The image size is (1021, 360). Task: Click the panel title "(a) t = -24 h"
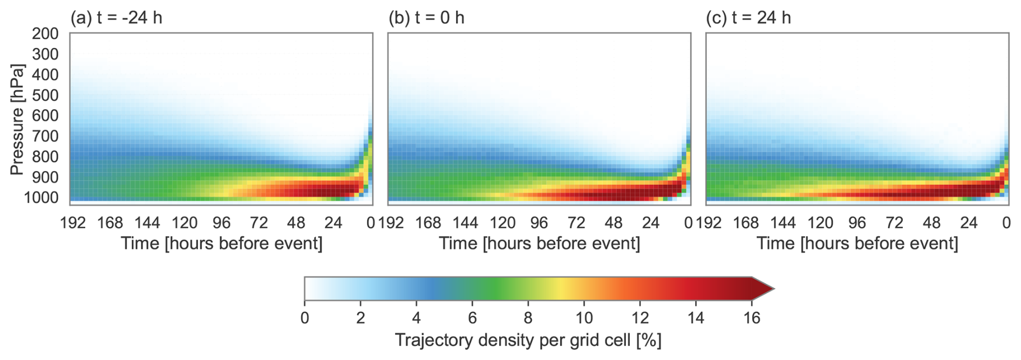(116, 18)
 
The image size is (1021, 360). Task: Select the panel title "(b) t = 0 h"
(426, 18)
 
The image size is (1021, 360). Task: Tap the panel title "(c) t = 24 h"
(748, 18)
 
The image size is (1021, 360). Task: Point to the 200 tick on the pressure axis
(45, 33)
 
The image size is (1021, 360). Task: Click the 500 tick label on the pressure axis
(45, 95)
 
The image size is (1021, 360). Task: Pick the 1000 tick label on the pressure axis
(41, 198)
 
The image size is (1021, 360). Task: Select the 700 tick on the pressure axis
(45, 136)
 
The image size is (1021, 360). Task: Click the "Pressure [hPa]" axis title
(17, 120)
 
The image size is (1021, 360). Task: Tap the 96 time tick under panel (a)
(221, 222)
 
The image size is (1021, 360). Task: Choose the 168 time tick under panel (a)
(110, 222)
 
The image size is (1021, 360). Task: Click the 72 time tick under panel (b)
(576, 222)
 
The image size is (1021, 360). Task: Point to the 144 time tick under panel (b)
(465, 222)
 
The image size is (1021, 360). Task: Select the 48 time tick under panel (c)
(931, 222)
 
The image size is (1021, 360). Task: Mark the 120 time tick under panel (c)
(820, 222)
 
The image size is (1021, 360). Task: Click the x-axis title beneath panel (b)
(539, 243)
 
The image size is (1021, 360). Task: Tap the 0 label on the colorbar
(305, 318)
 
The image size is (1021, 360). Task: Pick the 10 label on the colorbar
(584, 318)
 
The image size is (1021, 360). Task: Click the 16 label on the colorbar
(752, 318)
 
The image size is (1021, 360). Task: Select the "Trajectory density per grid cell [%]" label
(528, 340)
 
